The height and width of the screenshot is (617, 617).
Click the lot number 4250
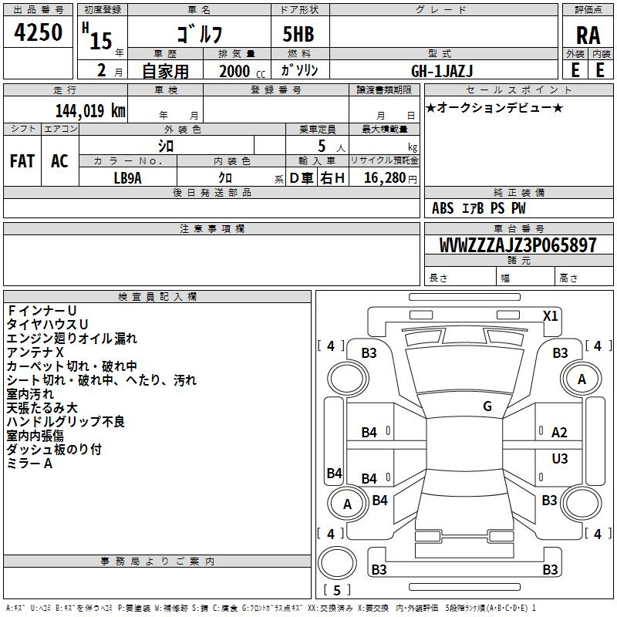tap(38, 32)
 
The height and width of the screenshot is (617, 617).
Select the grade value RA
tap(588, 35)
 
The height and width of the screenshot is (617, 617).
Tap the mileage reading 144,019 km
tap(90, 110)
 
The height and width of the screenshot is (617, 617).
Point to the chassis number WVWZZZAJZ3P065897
tap(518, 244)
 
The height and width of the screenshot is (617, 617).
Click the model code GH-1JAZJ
tap(442, 71)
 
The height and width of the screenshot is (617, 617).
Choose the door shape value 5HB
tap(298, 34)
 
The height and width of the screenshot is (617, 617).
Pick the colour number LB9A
tap(127, 178)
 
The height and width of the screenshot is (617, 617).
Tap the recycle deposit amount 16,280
tap(385, 177)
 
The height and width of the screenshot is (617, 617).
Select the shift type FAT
tap(22, 161)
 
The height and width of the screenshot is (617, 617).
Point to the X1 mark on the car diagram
tap(550, 316)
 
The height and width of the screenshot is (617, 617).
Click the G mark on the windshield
tap(487, 406)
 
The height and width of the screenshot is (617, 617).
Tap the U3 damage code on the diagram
tap(560, 458)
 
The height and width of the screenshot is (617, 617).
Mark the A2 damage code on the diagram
tap(559, 433)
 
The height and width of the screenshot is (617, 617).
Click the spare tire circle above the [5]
tap(337, 562)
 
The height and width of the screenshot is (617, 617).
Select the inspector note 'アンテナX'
tap(35, 352)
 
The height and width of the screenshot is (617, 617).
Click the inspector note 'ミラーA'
tap(29, 464)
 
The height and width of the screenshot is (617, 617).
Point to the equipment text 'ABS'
tap(443, 208)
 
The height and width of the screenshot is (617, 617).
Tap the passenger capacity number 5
tap(322, 146)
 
